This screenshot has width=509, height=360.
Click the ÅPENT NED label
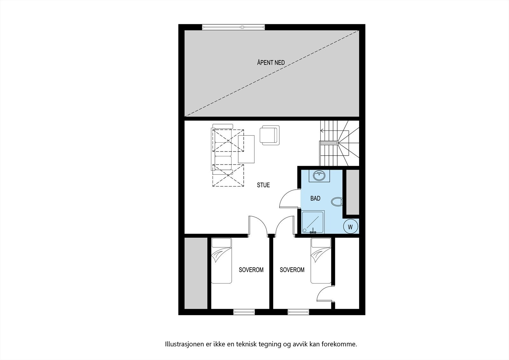click(x=271, y=63)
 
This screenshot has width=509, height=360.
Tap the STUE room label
click(x=263, y=185)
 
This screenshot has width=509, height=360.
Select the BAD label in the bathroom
click(x=315, y=198)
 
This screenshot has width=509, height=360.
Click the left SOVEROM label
click(x=251, y=270)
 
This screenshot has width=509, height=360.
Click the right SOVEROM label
click(x=292, y=270)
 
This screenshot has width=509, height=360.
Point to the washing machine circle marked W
click(x=351, y=227)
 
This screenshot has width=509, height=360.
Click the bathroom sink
click(x=319, y=175)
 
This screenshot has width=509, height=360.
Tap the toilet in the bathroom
click(x=337, y=201)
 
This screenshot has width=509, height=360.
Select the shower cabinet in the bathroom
click(x=313, y=222)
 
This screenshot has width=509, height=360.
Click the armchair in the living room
click(x=269, y=135)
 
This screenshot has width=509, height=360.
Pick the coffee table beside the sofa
click(x=247, y=149)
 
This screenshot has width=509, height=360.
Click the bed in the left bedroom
click(x=222, y=260)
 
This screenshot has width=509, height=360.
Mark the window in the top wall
click(x=234, y=27)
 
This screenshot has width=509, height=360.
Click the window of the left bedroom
click(x=244, y=312)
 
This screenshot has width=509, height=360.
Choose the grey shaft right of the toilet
click(x=352, y=192)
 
